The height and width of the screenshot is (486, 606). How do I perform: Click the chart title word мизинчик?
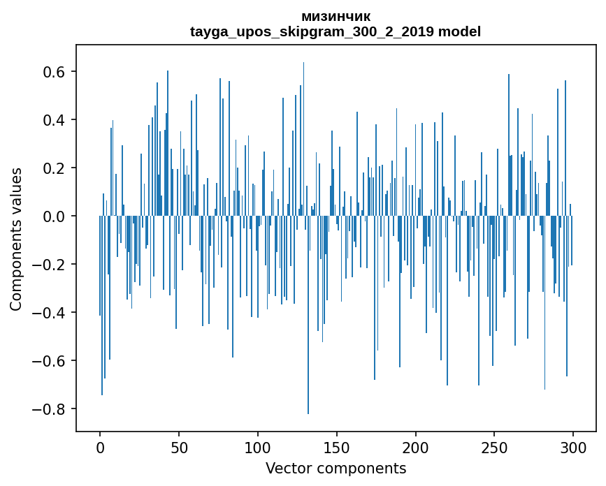coord(336,16)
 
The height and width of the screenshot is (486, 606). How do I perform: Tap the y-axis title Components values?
coord(16,239)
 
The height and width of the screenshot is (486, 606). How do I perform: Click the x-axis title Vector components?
coord(336,468)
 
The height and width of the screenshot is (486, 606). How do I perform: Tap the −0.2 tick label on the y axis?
coord(51,265)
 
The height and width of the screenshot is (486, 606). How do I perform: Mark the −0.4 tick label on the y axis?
coord(51,313)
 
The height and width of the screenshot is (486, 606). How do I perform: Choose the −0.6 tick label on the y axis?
coord(51,361)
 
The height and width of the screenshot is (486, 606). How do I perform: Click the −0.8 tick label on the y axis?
coord(51,409)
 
